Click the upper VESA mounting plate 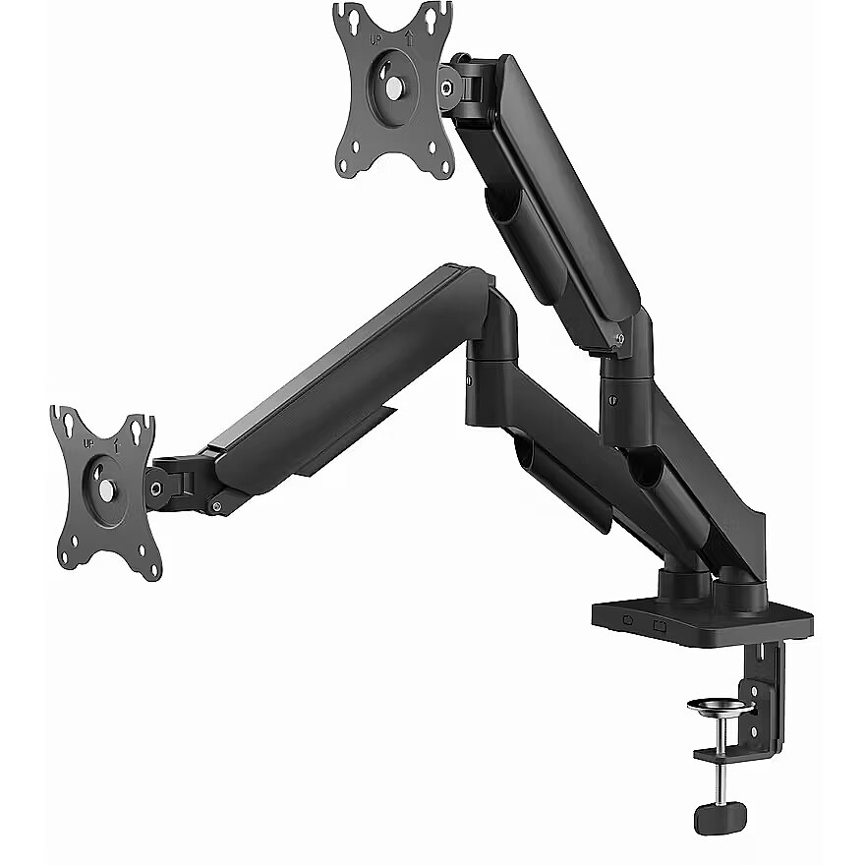click(393, 89)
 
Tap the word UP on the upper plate click(375, 40)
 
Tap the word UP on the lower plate click(88, 443)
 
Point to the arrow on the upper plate click(409, 38)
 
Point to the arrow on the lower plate click(116, 445)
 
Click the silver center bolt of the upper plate click(394, 87)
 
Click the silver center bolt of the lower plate click(106, 490)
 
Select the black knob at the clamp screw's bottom click(721, 818)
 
